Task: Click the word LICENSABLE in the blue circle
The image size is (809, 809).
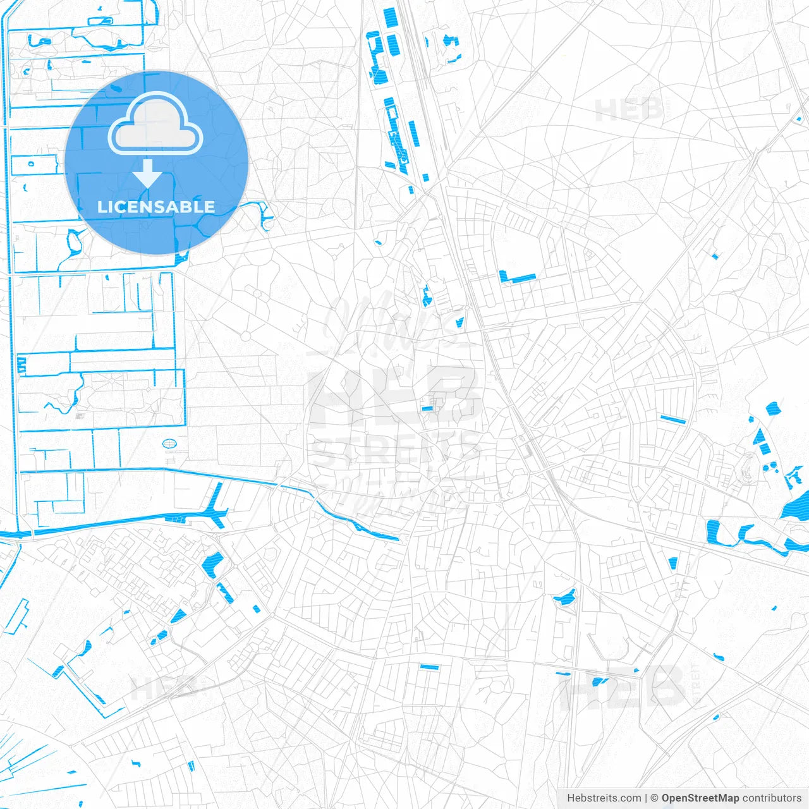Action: point(156,207)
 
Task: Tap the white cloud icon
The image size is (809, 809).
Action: point(155,125)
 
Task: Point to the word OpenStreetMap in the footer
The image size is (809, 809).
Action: point(700,798)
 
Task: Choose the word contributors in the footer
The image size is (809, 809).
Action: point(772,798)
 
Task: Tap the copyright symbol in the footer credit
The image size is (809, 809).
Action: point(655,798)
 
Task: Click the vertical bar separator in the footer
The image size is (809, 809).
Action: point(646,798)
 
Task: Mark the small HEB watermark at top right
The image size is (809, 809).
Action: point(629,111)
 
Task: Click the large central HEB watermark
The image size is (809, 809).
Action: point(395,395)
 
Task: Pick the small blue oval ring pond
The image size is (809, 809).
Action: point(169,444)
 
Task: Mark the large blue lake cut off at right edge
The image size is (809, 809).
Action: point(796,506)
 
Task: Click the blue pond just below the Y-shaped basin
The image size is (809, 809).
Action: point(213,563)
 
